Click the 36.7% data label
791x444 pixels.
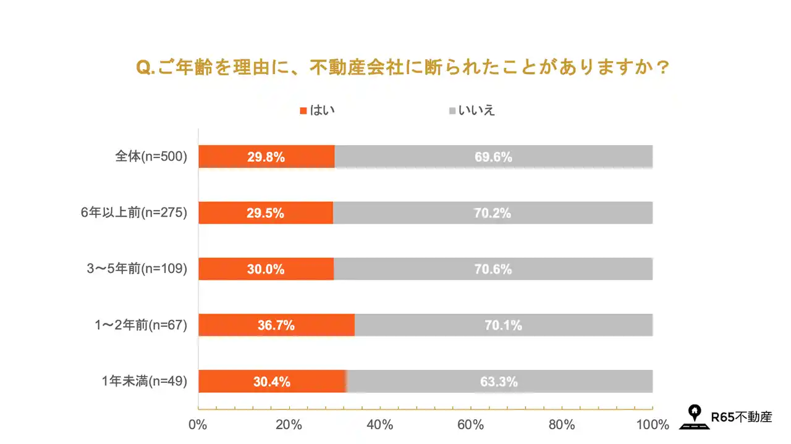pyautogui.click(x=276, y=325)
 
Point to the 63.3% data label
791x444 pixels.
pyautogui.click(x=499, y=382)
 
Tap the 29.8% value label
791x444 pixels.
pyautogui.click(x=266, y=157)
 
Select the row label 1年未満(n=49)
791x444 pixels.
pyautogui.click(x=145, y=382)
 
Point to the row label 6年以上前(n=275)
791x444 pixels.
pyautogui.click(x=134, y=213)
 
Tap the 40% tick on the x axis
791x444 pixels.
pyautogui.click(x=379, y=425)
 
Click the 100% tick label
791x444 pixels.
pyautogui.click(x=653, y=425)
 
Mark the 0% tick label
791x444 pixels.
pyautogui.click(x=198, y=425)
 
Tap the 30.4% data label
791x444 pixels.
pyautogui.click(x=271, y=382)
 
